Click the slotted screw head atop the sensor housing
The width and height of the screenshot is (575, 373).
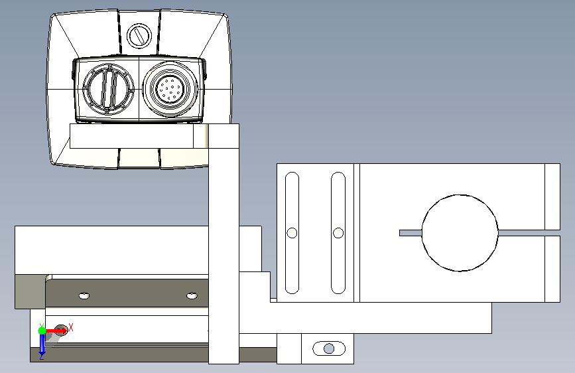tap(139, 36)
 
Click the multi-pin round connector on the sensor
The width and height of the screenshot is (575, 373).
tap(170, 89)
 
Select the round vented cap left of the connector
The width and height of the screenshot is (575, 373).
tap(108, 89)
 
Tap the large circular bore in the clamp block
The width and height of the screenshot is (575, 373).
tap(460, 233)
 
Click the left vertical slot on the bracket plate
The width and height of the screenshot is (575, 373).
tap(292, 233)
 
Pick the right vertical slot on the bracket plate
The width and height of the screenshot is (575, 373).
tap(338, 233)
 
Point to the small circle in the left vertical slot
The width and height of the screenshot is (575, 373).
tap(292, 233)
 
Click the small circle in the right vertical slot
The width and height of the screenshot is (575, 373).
tap(338, 233)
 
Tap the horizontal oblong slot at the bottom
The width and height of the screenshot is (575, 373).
tap(329, 348)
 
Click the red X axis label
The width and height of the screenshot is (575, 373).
tap(71, 327)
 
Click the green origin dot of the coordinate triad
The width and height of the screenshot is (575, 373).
tap(42, 331)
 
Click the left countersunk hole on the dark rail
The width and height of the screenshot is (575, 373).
tap(84, 295)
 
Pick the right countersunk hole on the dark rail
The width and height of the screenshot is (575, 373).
tap(192, 295)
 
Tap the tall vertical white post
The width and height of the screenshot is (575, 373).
tap(224, 244)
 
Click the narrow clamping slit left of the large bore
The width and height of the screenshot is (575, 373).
tap(411, 233)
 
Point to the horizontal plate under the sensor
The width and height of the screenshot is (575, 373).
tap(139, 136)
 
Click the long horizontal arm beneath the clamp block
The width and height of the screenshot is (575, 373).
tap(365, 318)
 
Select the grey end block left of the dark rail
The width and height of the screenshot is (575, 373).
tap(30, 291)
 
